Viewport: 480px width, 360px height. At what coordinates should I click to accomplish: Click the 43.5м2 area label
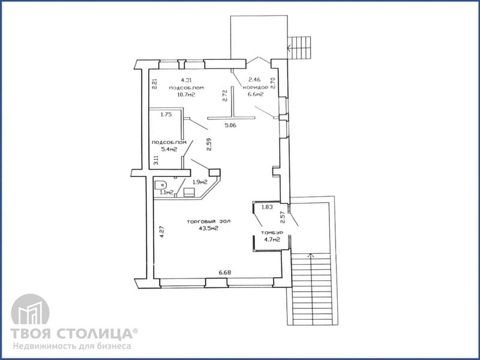coord(208,228)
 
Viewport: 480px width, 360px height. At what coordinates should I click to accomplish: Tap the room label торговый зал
coord(208,221)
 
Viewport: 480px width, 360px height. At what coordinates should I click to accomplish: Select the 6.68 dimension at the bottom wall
coord(224,272)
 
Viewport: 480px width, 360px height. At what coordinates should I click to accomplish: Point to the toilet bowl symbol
coord(161,185)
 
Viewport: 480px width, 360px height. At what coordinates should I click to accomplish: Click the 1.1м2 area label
coord(167,193)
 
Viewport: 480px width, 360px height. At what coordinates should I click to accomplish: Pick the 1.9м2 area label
coord(200,182)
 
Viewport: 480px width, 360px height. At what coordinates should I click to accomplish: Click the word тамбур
coord(272,233)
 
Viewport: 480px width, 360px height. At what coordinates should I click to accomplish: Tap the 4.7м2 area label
coord(272,239)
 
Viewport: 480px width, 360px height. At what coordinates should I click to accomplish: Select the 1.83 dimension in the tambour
coord(267,207)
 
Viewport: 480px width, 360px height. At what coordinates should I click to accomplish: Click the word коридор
coord(256,87)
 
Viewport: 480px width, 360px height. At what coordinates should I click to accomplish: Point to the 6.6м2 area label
coord(256,94)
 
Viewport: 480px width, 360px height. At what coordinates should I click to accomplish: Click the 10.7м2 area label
coord(186,95)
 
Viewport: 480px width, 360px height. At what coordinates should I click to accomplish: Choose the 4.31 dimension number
coord(186,80)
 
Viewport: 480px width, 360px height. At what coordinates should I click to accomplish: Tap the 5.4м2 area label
coord(169,149)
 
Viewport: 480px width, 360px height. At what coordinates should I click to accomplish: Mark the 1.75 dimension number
coord(166,115)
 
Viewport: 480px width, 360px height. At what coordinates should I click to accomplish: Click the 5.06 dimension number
coord(230,125)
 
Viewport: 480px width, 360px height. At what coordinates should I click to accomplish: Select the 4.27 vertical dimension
coord(162,232)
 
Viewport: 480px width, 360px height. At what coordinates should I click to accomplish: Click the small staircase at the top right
coord(299,48)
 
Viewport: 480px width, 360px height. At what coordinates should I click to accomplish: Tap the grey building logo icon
coord(30,309)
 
